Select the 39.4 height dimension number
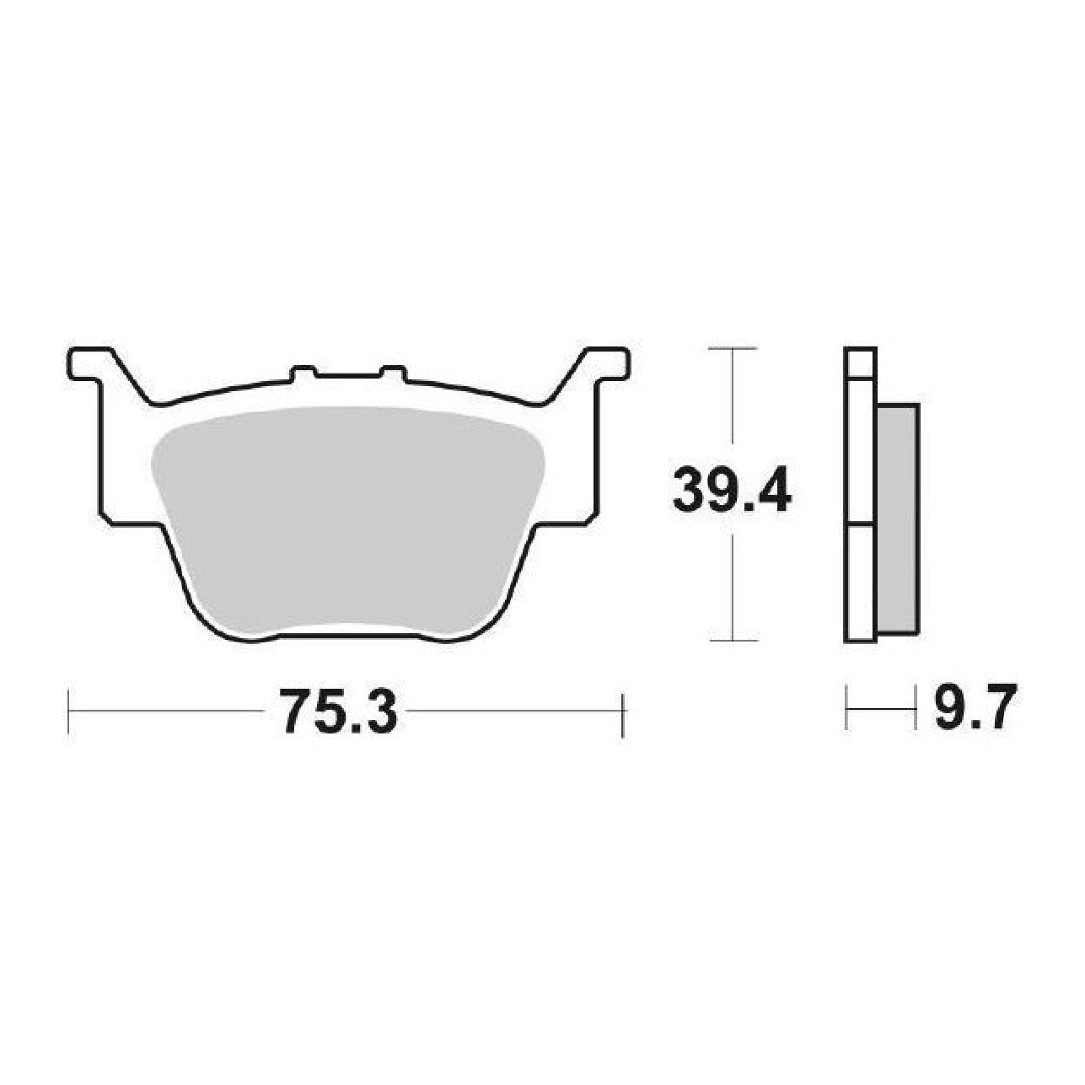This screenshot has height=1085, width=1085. (x=733, y=490)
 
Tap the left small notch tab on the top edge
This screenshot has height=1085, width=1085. (x=303, y=373)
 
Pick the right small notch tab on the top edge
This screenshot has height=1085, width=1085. (x=393, y=373)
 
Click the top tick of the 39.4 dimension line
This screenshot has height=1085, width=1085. (x=732, y=349)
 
